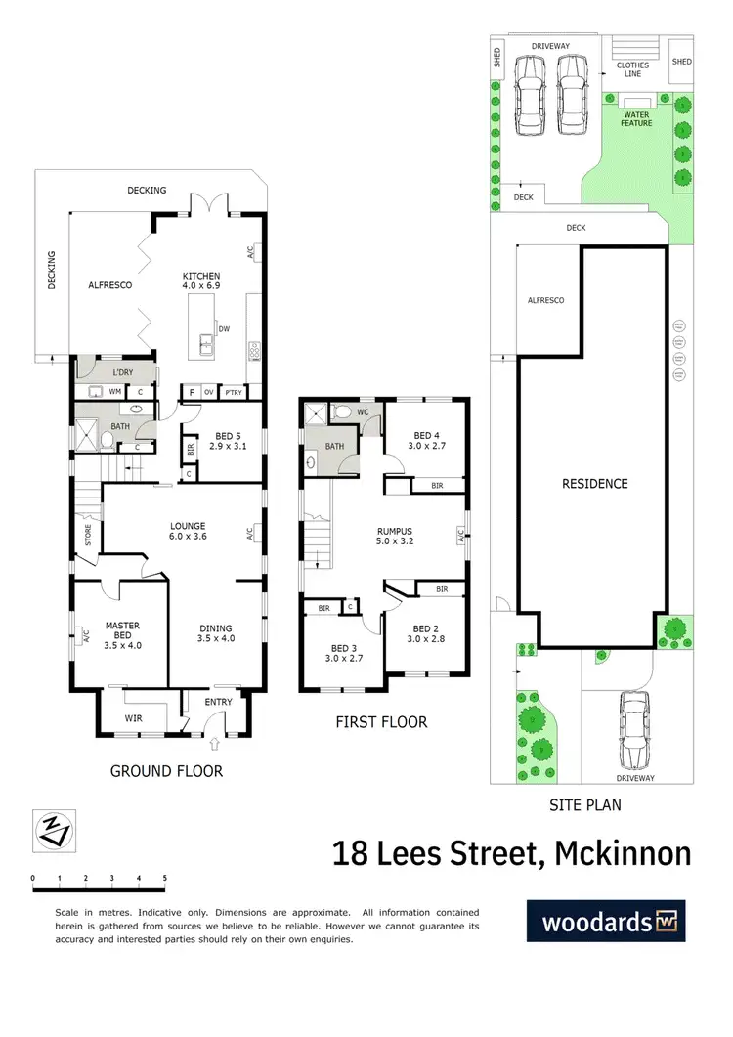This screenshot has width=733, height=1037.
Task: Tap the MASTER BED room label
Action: [x=122, y=631]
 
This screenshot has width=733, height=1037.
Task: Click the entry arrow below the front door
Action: [x=216, y=744]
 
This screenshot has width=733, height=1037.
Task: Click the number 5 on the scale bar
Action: [x=164, y=878]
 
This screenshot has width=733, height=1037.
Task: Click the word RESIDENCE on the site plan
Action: [x=594, y=483]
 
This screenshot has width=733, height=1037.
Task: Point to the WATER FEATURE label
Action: [x=636, y=120]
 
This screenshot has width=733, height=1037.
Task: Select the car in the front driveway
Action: [x=633, y=729]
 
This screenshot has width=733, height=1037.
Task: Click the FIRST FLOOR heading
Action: [x=382, y=723]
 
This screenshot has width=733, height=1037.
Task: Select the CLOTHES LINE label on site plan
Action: [x=632, y=70]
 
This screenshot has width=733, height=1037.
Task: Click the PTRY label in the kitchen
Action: [x=233, y=392]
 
